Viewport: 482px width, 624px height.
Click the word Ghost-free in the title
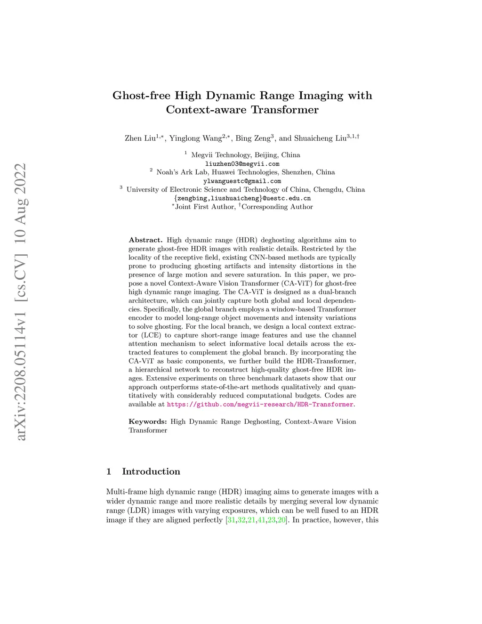point(142,96)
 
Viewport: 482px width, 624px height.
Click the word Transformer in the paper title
point(285,110)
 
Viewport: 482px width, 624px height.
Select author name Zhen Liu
point(140,138)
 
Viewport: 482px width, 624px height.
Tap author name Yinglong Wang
point(195,138)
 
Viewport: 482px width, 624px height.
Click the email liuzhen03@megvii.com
point(242,164)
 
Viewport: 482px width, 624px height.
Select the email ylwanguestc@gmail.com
point(242,181)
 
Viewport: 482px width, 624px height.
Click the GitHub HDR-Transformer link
point(260,404)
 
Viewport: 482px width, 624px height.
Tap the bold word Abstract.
point(145,240)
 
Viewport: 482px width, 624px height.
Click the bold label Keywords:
point(147,421)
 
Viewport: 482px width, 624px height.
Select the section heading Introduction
point(151,471)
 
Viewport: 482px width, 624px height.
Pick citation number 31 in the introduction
point(231,520)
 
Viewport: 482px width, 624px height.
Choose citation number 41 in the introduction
point(261,520)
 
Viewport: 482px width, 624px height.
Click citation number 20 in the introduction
point(281,520)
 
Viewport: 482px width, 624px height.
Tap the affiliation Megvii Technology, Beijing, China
point(245,155)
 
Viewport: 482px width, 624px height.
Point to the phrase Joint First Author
point(204,207)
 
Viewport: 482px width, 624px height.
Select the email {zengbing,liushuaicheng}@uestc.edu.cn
point(242,198)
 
